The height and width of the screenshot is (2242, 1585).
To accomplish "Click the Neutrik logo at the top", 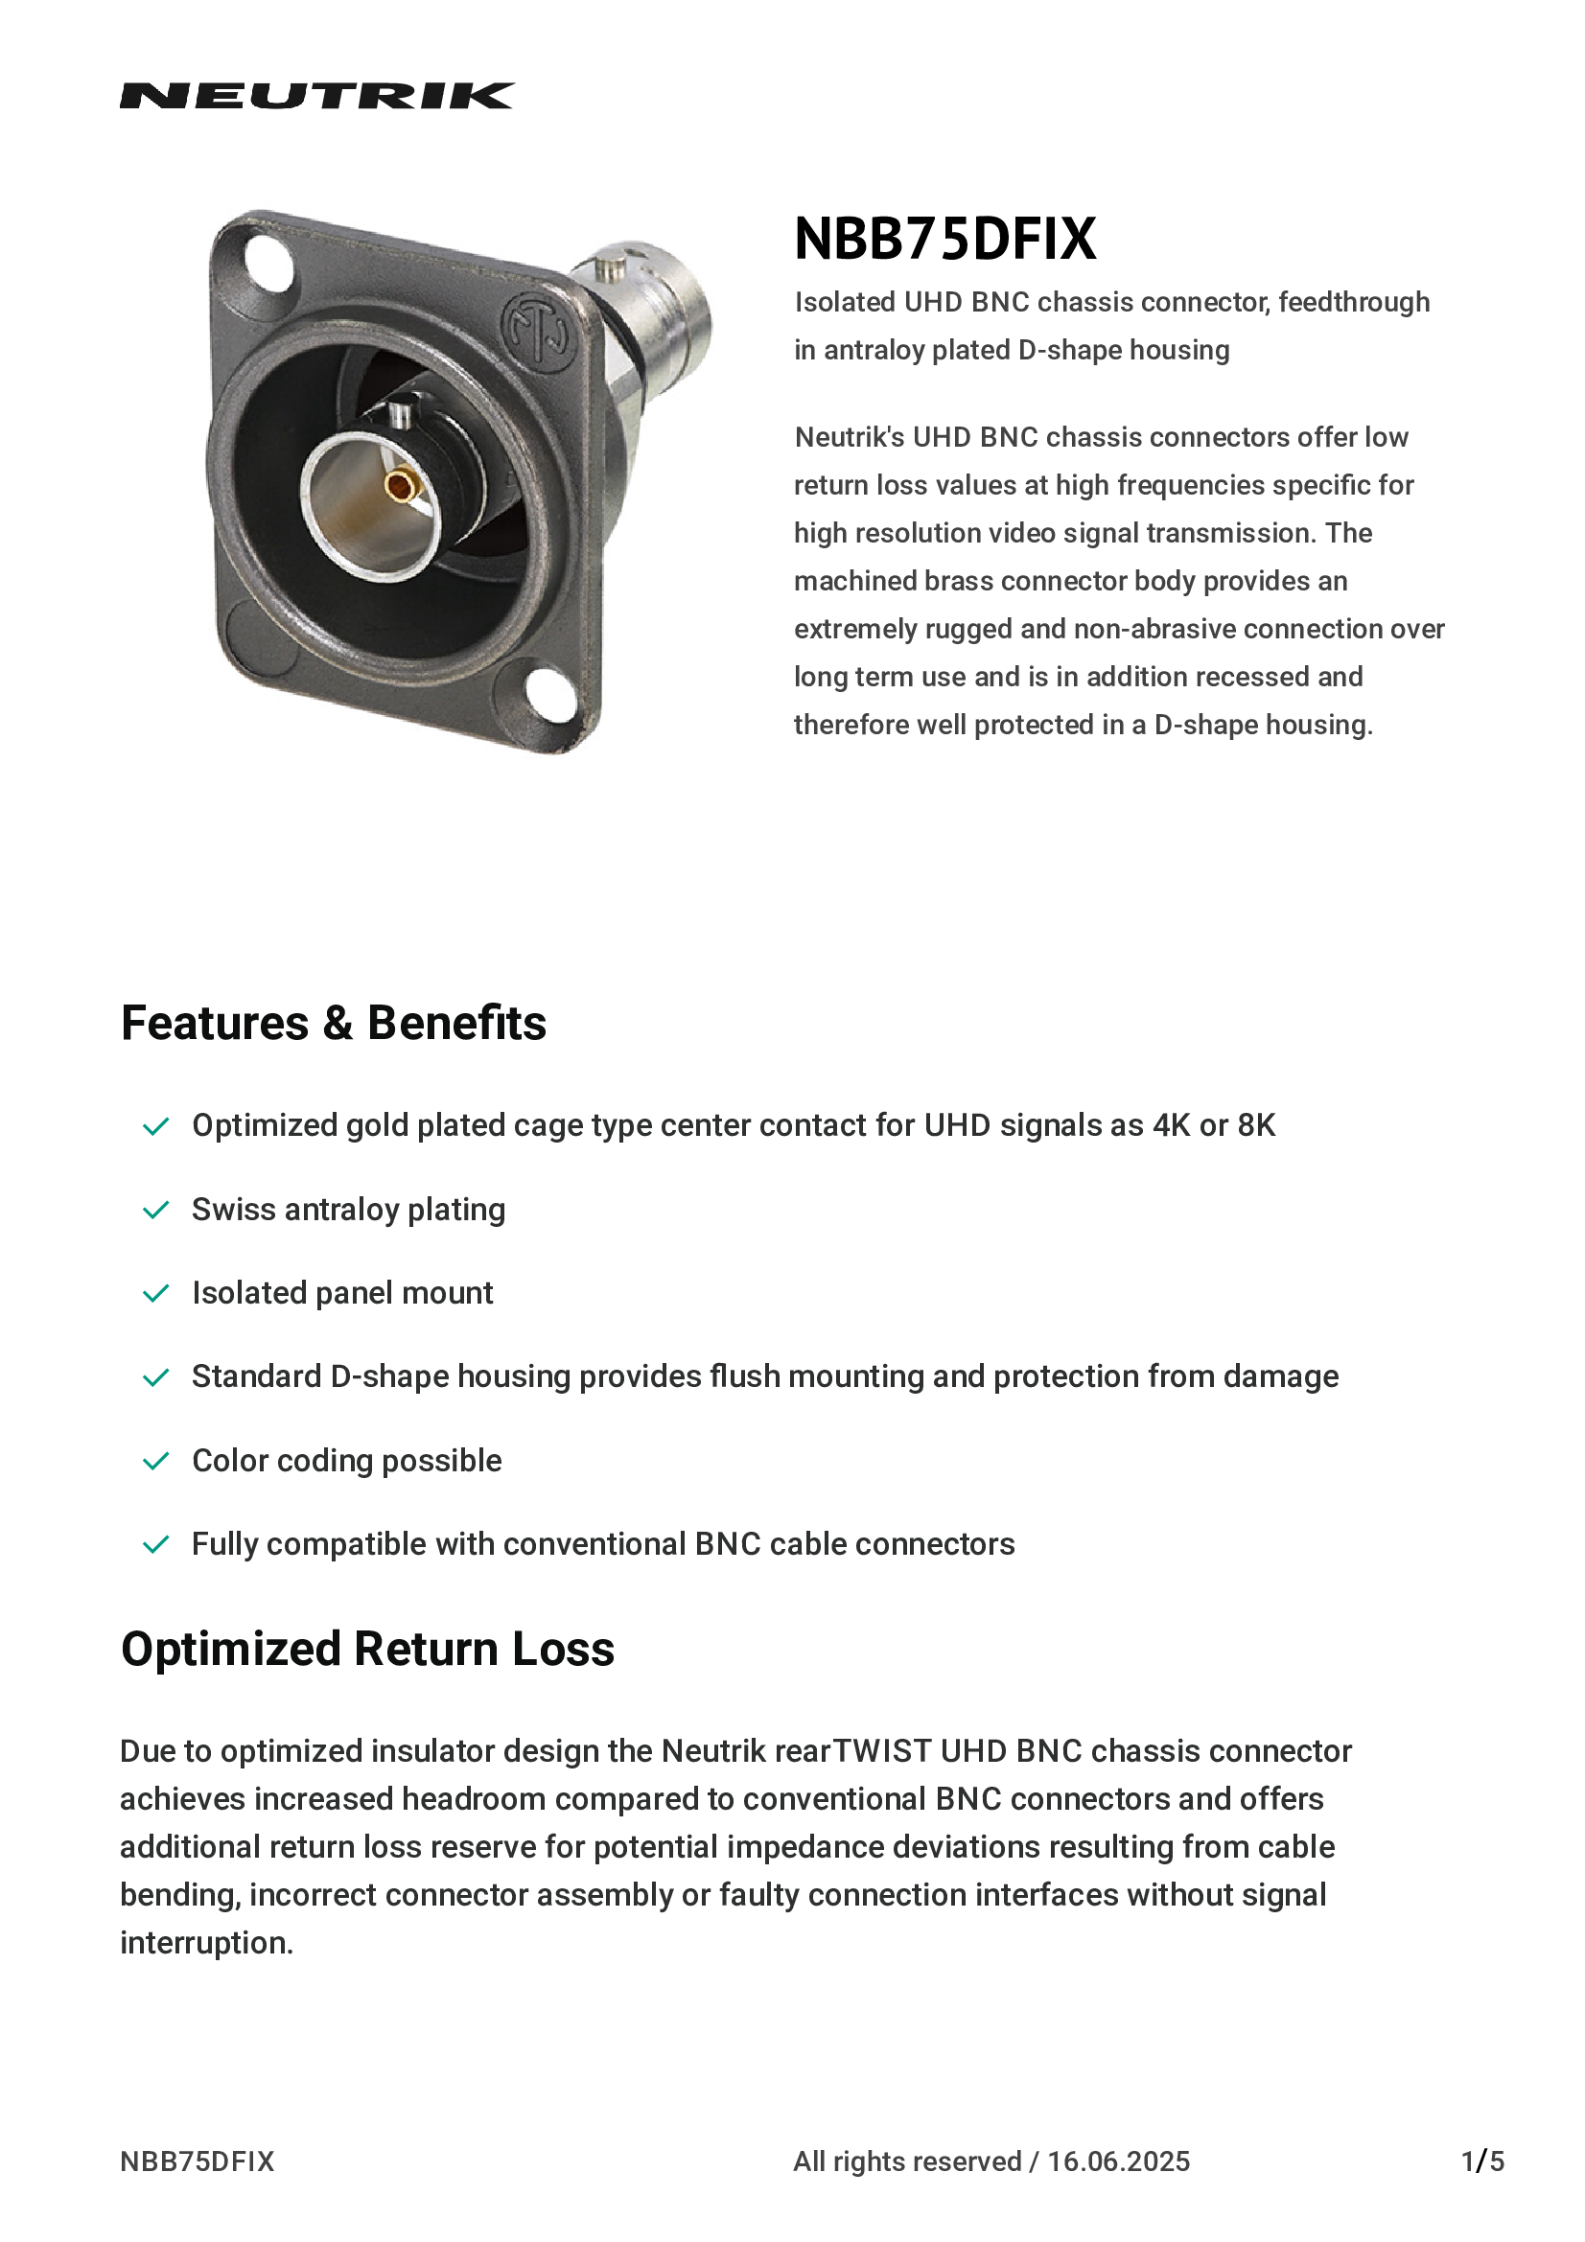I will pyautogui.click(x=316, y=96).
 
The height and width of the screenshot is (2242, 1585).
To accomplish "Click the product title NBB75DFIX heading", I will pyautogui.click(x=944, y=240).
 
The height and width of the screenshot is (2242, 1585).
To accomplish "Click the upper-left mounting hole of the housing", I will pyautogui.click(x=268, y=264).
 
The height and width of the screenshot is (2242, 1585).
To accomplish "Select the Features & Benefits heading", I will pyautogui.click(x=333, y=1024).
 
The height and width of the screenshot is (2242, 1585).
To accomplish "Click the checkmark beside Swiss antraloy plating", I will pyautogui.click(x=156, y=1211).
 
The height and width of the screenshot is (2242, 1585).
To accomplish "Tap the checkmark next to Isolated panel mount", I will pyautogui.click(x=156, y=1294).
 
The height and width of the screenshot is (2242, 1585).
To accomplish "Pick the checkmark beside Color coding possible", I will pyautogui.click(x=156, y=1462).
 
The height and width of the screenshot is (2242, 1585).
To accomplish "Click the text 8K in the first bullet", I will pyautogui.click(x=1256, y=1126).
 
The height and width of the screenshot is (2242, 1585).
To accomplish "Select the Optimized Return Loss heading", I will pyautogui.click(x=367, y=1650).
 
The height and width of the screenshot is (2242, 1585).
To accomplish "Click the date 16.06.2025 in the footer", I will pyautogui.click(x=1118, y=2161).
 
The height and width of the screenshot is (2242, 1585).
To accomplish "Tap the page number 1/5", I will pyautogui.click(x=1482, y=2161).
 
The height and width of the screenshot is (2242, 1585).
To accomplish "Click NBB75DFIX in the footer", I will pyautogui.click(x=198, y=2161).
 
